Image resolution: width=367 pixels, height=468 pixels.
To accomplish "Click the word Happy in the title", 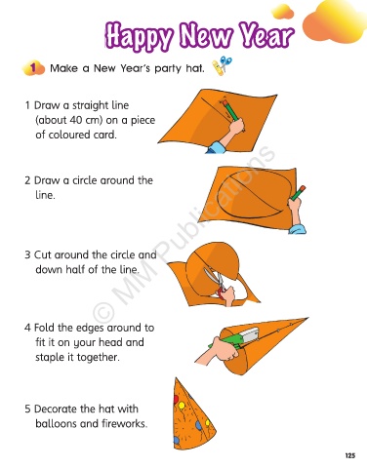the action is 139,35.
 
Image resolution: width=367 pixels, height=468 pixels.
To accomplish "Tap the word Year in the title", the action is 266,34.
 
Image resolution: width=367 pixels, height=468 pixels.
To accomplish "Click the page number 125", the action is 350,455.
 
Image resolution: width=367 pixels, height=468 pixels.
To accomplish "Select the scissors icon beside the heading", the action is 223,65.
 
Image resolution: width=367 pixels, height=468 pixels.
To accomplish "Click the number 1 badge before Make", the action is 33,68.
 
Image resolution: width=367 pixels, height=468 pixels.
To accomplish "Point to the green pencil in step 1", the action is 230,110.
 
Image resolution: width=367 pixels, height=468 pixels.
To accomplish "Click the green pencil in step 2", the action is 299,193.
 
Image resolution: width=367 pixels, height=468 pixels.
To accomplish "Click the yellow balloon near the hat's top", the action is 182,406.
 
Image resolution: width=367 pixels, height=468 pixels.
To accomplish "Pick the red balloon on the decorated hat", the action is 176,399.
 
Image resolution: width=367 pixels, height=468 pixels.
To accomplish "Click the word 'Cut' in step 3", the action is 43,254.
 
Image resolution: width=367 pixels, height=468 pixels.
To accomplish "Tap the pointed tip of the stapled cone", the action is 307,318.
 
